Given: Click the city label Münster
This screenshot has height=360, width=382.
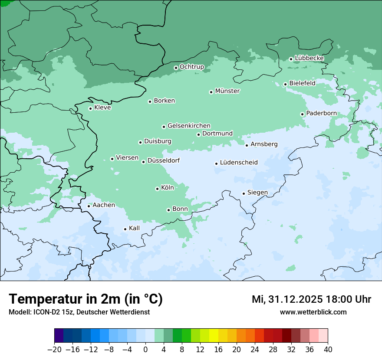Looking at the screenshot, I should coord(227,91).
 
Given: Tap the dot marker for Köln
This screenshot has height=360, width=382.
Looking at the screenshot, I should coord(157,189).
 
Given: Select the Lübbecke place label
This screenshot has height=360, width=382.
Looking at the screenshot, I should coord(309,58).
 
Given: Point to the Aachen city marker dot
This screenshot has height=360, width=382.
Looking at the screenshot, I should coord(89,206).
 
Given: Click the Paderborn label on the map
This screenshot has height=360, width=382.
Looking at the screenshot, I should coord(321,114).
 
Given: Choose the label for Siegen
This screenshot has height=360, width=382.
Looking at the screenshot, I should coord(257,193).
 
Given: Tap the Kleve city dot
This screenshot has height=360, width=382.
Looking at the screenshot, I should coord(90,108).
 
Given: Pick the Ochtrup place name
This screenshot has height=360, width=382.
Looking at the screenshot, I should coord(191,67).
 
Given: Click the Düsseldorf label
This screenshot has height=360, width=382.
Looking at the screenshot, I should coord(163,160).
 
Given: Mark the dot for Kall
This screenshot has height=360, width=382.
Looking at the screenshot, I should coord(125,229).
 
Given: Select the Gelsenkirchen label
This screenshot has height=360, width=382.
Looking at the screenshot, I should coord(189,126).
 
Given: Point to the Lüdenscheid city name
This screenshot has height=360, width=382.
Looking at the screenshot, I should coord(239,163).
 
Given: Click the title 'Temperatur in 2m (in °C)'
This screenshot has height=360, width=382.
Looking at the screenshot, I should coord(86,299).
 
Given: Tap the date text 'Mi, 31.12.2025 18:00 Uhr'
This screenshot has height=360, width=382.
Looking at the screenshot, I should coord(311,299).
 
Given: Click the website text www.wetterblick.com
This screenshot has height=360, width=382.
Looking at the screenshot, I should coord(313,312).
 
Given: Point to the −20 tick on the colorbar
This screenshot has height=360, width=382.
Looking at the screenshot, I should coord(55,350).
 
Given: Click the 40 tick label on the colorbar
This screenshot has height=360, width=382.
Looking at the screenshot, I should coord(328,350).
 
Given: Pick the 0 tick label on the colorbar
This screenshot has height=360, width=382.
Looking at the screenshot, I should coord(145,350).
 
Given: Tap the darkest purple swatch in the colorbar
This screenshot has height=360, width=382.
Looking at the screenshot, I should coord(59,336).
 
